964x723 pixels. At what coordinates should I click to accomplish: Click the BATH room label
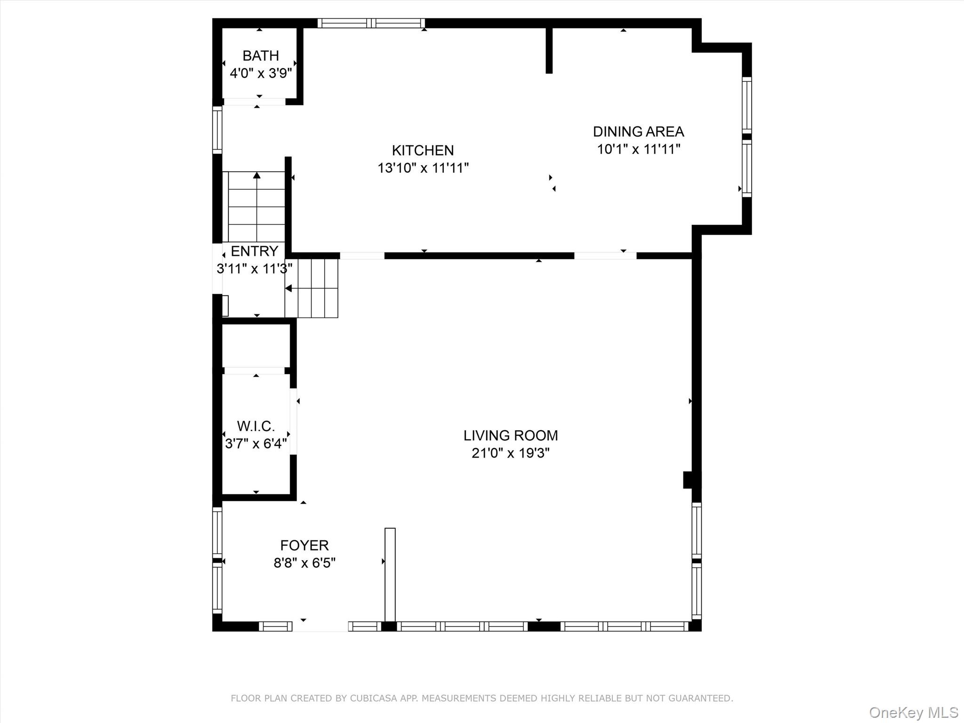coord(261,56)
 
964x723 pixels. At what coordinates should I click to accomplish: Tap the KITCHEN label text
coord(423,150)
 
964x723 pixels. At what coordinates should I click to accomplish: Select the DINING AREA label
coord(638,131)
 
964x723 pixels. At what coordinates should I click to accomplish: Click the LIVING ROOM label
coord(511,435)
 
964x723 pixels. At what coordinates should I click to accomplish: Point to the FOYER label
coord(305,545)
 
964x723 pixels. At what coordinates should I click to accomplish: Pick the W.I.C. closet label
coord(256,426)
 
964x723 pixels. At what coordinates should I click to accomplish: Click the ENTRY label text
coord(254,251)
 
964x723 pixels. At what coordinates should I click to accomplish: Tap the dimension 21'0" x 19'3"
coord(511,453)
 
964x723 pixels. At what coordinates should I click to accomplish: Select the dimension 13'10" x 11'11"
coord(423,168)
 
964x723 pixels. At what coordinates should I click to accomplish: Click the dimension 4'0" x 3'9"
coord(261,73)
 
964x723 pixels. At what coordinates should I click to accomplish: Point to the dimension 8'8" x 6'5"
coord(305,562)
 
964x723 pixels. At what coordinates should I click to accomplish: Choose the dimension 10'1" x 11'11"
coord(639,149)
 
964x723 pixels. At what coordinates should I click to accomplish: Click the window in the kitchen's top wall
coord(371,23)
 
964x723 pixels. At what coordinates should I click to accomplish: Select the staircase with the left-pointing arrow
coord(311,288)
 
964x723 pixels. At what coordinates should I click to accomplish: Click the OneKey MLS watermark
coord(913,712)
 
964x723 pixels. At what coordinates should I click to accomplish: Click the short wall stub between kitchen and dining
coord(549,50)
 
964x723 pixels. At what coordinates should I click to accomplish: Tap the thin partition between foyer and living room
coord(390,575)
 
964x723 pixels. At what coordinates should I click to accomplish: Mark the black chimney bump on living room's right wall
coord(689,480)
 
